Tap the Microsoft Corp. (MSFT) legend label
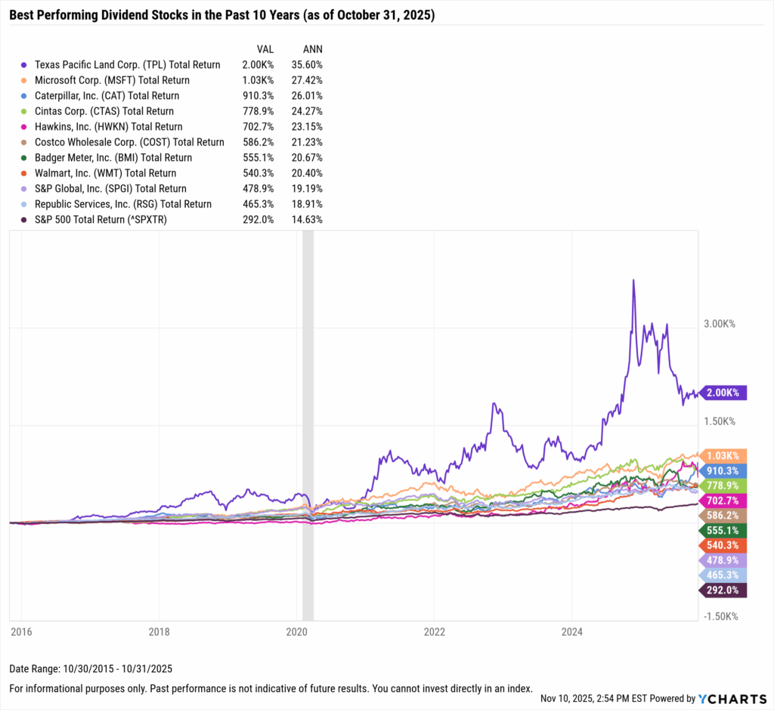(x=111, y=80)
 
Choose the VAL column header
(x=265, y=49)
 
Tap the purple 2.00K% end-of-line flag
(x=725, y=392)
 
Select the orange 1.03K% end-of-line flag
(x=725, y=456)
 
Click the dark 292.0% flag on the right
(x=725, y=590)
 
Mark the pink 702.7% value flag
(x=725, y=501)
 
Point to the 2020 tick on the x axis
(x=297, y=631)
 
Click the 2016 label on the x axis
(x=21, y=631)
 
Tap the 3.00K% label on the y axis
(x=720, y=324)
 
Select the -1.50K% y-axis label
(x=721, y=616)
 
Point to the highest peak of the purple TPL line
(x=633, y=281)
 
